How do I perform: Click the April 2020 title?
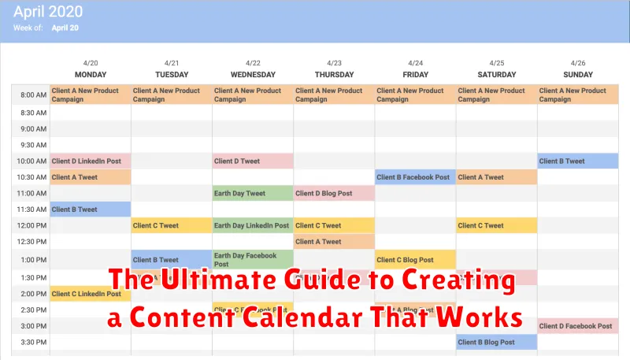point(48,13)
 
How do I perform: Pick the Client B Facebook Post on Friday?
point(414,177)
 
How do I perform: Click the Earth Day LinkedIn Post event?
point(252,225)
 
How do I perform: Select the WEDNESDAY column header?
point(252,74)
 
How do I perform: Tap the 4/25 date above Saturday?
point(496,63)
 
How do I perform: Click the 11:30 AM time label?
point(31,210)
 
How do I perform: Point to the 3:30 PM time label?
point(31,342)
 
